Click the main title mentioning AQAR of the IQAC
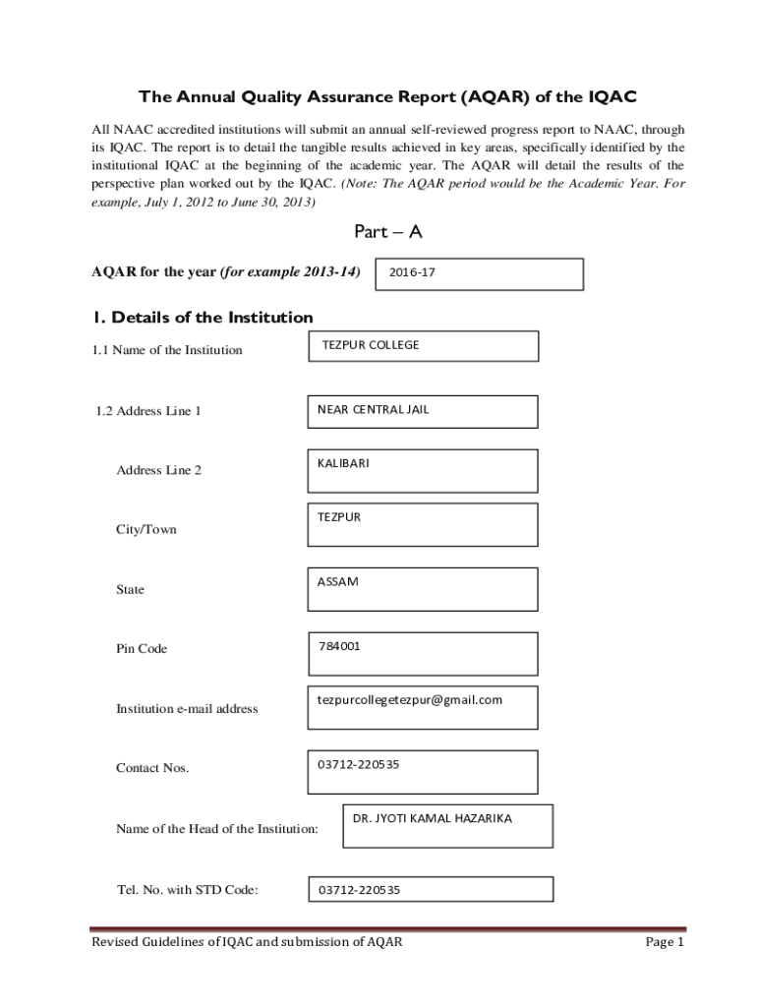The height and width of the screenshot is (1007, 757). click(387, 96)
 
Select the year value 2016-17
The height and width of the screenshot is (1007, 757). click(412, 272)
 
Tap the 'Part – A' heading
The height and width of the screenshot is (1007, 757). click(387, 232)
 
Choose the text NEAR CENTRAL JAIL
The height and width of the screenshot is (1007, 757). click(373, 409)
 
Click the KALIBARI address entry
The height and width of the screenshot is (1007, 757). click(343, 463)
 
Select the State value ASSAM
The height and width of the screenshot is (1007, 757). click(337, 581)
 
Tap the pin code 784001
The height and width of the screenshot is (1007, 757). click(339, 646)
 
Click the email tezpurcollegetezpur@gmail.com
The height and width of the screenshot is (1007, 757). click(409, 700)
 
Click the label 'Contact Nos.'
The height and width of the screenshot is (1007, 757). click(152, 768)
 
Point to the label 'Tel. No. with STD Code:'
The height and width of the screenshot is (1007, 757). click(187, 891)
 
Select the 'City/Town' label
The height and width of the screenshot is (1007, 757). click(146, 530)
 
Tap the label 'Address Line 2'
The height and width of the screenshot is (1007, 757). click(158, 470)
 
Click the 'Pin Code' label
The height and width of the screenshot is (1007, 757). click(142, 649)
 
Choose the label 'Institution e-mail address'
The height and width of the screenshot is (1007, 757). click(187, 709)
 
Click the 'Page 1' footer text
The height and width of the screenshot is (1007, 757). click(664, 942)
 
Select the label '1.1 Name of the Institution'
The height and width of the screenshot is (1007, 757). click(167, 350)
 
